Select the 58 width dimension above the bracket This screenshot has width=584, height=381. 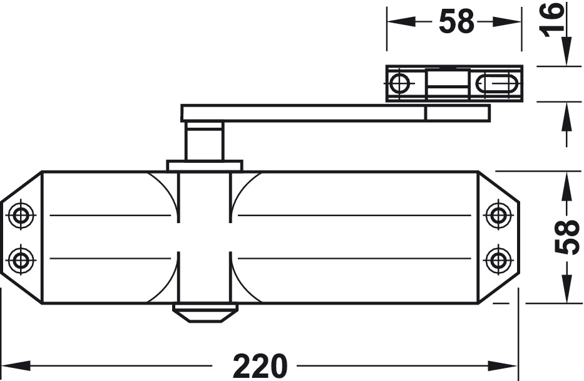456,22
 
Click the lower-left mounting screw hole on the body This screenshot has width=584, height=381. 22,258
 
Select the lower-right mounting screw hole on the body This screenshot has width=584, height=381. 498,258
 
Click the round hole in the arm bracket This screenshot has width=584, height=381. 399,83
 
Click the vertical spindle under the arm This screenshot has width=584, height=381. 204,142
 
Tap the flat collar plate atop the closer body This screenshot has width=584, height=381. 204,166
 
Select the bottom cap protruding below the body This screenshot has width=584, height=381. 205,312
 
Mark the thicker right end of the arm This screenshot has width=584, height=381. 457,113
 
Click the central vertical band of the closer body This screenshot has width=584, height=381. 204,238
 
